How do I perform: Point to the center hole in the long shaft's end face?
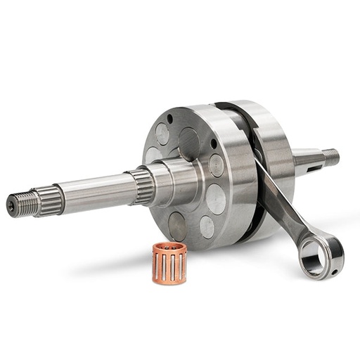pos(11,206)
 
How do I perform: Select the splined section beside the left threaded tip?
pos(49,198)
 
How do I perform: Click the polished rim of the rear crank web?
pos(278,141)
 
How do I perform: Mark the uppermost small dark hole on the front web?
pos(170,119)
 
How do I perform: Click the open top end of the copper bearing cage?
pos(169,248)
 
